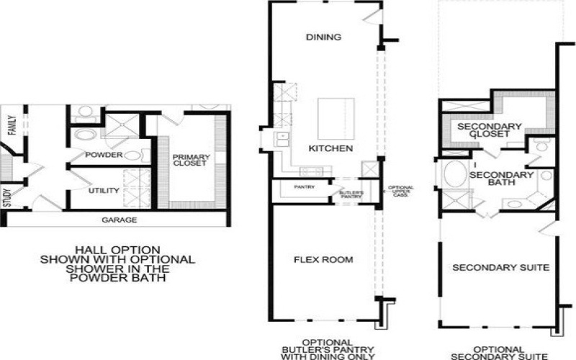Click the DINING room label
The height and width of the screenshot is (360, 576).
(x=323, y=37)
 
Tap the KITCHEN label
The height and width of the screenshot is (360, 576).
(x=330, y=148)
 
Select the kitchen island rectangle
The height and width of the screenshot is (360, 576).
(x=335, y=119)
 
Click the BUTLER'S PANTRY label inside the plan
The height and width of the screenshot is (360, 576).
(x=351, y=194)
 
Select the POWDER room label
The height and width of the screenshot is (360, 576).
(x=104, y=155)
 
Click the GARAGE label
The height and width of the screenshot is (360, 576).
(x=119, y=220)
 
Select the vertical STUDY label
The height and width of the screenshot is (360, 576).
(x=8, y=197)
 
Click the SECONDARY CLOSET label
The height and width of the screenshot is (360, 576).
(x=490, y=130)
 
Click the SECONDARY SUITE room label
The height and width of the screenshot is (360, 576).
(x=500, y=268)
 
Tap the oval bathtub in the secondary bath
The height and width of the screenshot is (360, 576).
(x=454, y=175)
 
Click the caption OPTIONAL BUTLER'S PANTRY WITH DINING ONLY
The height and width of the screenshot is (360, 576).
(x=328, y=348)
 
